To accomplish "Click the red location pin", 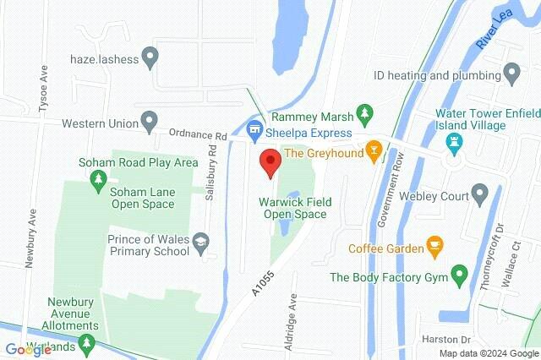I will coord(269,161).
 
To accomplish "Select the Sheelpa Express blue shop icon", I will coord(252,129).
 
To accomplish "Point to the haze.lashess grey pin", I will coord(150,58).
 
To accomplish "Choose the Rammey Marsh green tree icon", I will coord(365,112).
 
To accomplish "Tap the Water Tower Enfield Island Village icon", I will coord(456,144).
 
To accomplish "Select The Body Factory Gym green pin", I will coord(459,275).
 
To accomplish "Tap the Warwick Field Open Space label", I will coord(292,208).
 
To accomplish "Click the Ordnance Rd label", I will coord(199,135).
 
